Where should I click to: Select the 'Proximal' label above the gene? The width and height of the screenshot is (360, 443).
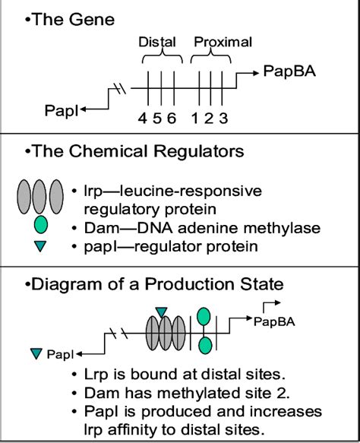click(223, 42)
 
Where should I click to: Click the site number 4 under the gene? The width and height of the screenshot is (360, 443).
click(142, 118)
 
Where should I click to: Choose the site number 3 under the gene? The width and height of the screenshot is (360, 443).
click(223, 118)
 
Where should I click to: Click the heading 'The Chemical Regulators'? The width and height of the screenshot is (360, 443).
click(134, 151)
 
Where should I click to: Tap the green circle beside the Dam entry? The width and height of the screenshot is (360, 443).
click(41, 224)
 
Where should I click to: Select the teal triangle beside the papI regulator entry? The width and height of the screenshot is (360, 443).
click(41, 245)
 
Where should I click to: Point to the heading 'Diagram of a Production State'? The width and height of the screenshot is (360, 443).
click(147, 285)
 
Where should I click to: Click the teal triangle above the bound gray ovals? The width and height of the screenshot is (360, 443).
click(161, 312)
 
